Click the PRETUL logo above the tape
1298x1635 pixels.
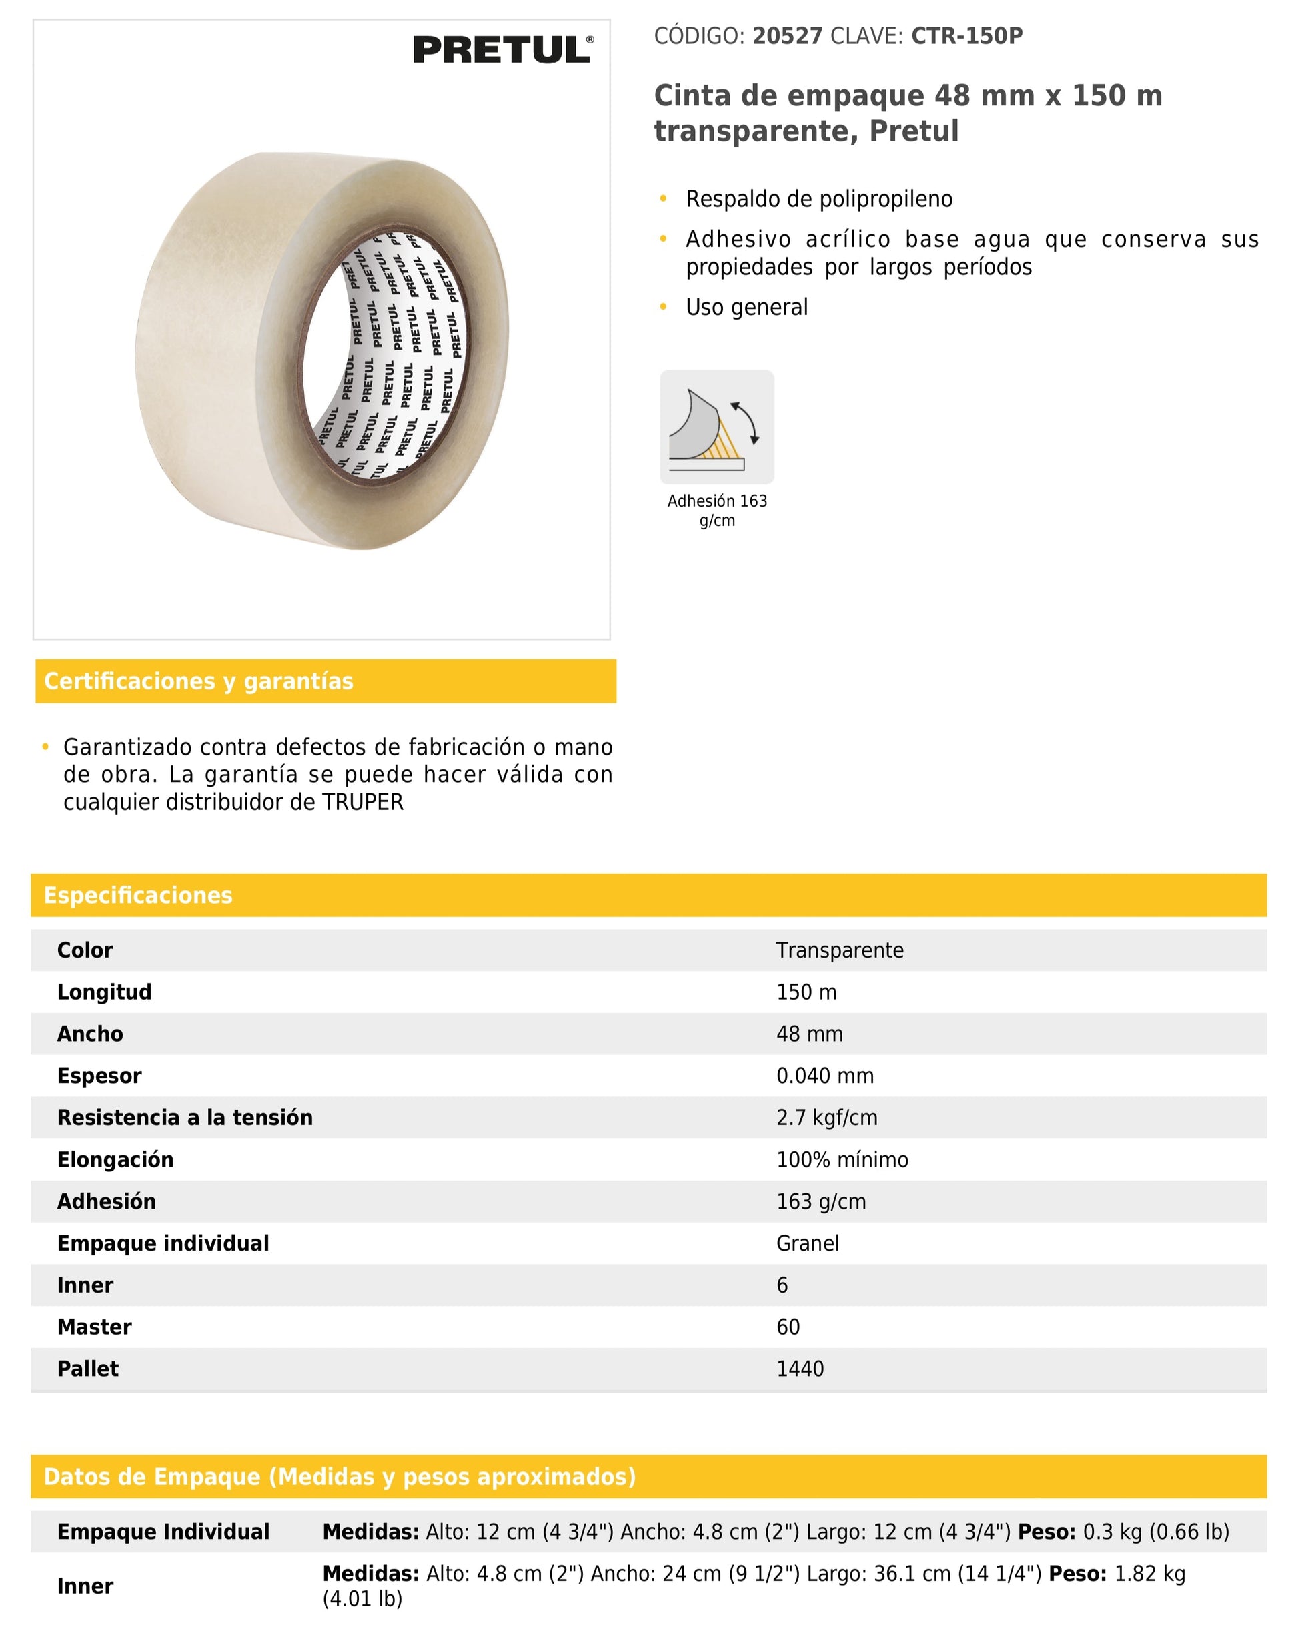[x=502, y=50]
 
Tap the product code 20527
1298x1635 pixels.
[x=786, y=35]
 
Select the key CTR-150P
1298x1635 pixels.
[x=966, y=35]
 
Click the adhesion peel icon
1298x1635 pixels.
[x=716, y=427]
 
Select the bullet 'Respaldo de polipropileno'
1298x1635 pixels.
[x=819, y=199]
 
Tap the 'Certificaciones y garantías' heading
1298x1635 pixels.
[x=199, y=681]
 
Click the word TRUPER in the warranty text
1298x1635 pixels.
[x=362, y=802]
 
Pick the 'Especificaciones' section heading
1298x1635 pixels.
[x=138, y=895]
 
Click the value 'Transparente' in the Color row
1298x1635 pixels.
[x=839, y=950]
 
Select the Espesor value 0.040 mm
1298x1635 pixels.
[x=824, y=1075]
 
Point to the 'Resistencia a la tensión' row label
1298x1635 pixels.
[x=185, y=1117]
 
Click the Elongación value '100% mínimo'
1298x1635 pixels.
[x=842, y=1160]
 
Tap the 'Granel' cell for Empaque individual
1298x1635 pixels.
[x=808, y=1243]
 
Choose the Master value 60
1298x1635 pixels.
[x=788, y=1327]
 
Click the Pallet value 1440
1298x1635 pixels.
[x=800, y=1369]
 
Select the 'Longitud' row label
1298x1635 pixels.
[x=105, y=992]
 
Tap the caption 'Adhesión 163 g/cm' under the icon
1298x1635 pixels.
[x=716, y=511]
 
